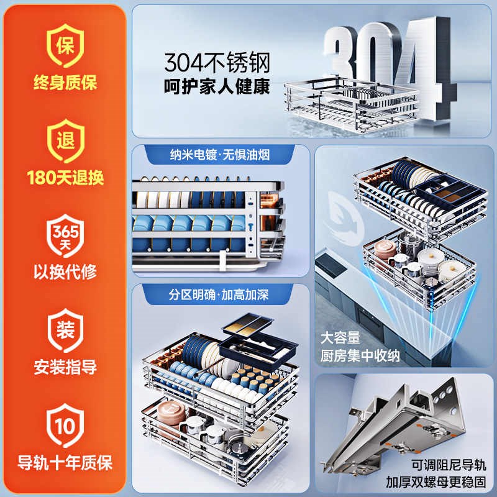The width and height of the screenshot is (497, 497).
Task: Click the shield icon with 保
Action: coord(65,45)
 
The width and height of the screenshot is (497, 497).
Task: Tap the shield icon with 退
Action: coord(66,141)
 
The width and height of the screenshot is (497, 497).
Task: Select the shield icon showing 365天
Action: coord(65,235)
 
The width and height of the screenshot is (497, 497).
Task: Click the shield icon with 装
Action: coord(65,331)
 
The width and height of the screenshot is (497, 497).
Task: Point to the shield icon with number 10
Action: coord(65,426)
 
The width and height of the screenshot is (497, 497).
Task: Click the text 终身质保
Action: coord(65,83)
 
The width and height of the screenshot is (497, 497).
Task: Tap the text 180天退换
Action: coord(65,178)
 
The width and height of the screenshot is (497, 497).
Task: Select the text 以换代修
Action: coord(65,272)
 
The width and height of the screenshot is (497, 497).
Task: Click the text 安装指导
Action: coord(65,367)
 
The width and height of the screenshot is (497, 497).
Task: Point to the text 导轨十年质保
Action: coord(65,463)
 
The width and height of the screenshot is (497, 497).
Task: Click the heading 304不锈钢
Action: coord(217,63)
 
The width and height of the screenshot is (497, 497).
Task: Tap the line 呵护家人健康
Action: coord(217,86)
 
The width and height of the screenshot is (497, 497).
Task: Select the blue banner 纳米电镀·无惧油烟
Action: coord(220,155)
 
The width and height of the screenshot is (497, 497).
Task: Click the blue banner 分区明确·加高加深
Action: coord(218,294)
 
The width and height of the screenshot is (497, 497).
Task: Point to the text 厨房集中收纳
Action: coord(360,355)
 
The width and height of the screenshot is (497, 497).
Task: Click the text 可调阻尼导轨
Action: coord(449,465)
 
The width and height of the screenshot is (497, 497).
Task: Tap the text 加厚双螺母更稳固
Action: coord(436,482)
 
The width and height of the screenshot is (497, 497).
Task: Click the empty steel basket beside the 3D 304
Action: coord(351,104)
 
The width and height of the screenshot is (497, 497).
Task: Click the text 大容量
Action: coord(340,338)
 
